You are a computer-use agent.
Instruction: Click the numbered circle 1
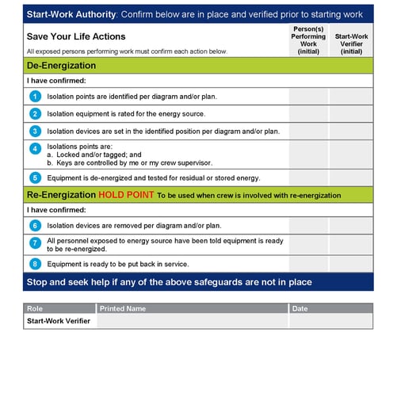[35, 97]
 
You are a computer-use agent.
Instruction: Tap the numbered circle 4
[35, 149]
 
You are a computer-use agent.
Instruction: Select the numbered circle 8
[35, 264]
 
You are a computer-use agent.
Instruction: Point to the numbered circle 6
[35, 226]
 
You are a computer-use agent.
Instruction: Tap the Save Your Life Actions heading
[76, 36]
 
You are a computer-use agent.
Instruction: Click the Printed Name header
[123, 308]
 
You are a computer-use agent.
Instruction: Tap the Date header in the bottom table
[300, 308]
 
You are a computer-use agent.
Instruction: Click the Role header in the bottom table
[35, 308]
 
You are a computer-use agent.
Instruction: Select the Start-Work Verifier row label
[58, 321]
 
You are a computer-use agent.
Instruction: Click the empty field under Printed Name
[193, 321]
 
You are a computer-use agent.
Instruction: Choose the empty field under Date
[330, 321]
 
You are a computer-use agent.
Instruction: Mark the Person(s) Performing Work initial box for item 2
[308, 114]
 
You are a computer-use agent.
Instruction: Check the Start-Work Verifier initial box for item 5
[351, 178]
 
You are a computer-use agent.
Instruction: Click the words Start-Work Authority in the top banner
[71, 14]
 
